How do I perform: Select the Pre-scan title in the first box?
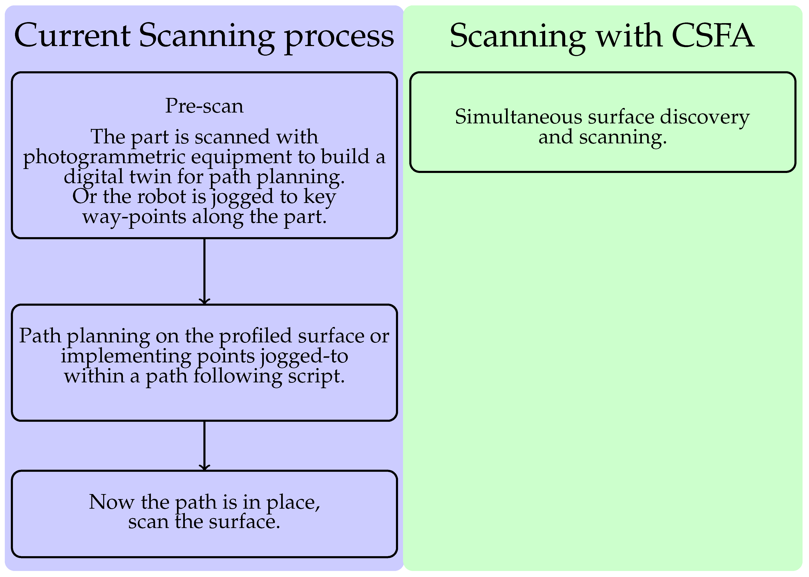(204, 106)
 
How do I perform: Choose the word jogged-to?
(304, 356)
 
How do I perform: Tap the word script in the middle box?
(316, 376)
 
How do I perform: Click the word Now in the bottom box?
(111, 502)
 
